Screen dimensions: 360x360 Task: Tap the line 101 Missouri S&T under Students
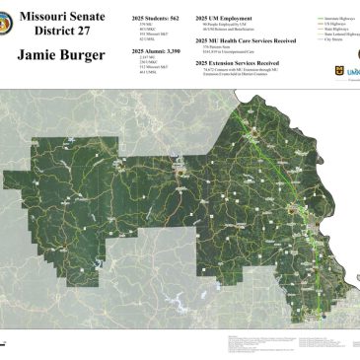pos(146,35)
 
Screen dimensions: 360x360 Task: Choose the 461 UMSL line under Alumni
pos(143,71)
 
